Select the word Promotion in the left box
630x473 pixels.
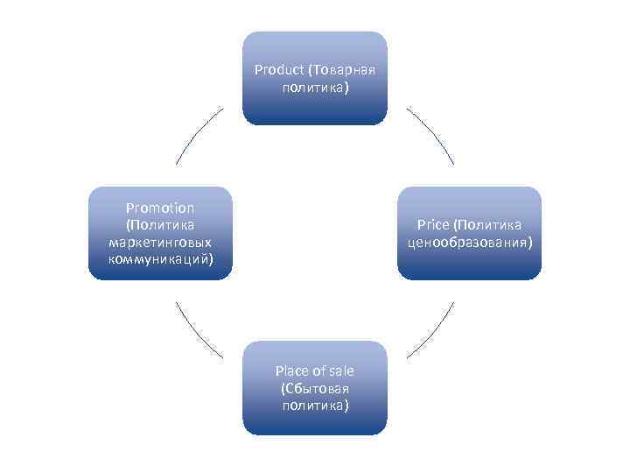(160, 208)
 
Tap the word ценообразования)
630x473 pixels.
(470, 243)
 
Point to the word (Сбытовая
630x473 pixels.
(315, 388)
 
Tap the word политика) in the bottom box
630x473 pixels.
(315, 406)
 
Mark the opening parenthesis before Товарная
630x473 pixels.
(308, 70)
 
